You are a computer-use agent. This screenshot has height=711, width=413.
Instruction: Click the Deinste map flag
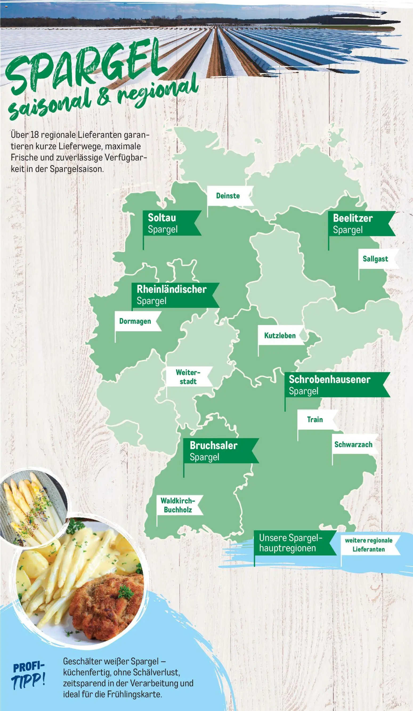(x=228, y=196)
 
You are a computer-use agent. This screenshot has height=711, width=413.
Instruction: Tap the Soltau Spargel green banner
(x=169, y=223)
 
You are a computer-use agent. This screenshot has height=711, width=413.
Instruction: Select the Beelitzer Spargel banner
(x=358, y=223)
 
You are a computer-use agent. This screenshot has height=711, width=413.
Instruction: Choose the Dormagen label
(x=135, y=321)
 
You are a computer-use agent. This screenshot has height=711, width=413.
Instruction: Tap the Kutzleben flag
(x=280, y=335)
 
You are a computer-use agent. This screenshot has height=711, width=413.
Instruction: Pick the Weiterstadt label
(x=188, y=377)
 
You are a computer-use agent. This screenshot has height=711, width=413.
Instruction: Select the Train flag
(x=315, y=420)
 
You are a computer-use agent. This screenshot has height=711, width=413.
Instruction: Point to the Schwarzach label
(x=353, y=444)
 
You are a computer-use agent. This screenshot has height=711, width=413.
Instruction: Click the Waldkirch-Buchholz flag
(x=178, y=505)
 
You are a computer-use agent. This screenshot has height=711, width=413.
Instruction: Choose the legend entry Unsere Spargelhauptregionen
(x=292, y=543)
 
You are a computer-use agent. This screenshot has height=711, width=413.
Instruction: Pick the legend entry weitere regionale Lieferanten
(x=369, y=545)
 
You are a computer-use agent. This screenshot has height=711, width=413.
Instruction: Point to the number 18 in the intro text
(x=34, y=135)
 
